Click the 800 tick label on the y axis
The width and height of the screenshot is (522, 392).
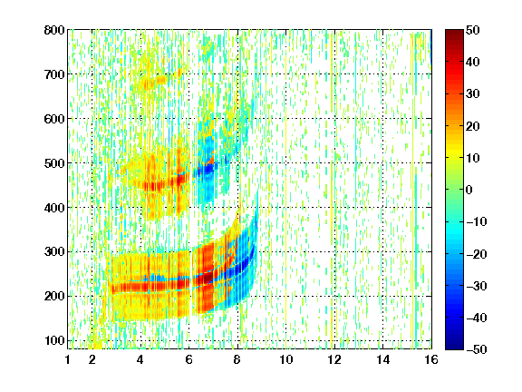tap(54, 30)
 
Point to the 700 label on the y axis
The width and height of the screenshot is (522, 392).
tap(54, 74)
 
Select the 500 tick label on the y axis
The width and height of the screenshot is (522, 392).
tap(54, 163)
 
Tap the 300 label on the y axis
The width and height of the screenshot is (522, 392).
tap(54, 251)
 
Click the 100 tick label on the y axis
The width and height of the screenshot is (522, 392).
tap(54, 340)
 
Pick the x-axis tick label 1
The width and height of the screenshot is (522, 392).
tap(68, 359)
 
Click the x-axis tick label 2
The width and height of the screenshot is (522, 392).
tap(92, 359)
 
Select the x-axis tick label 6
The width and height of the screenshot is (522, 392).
tap(189, 359)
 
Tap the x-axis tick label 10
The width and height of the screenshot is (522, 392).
tap(286, 359)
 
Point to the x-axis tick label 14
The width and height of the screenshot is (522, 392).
tap(382, 359)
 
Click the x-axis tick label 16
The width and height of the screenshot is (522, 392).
tap(431, 359)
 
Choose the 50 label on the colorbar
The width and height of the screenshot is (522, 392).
tap(472, 30)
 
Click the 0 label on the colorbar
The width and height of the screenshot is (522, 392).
tap(469, 190)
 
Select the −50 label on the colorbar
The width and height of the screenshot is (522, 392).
tap(477, 349)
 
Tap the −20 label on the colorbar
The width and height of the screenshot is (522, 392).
tap(477, 254)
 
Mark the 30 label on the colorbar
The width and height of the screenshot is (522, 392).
tap(472, 94)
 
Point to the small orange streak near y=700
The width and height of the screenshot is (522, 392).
tap(157, 81)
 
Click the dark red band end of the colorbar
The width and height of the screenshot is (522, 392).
tap(454, 36)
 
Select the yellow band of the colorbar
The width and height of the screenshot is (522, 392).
tap(454, 153)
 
